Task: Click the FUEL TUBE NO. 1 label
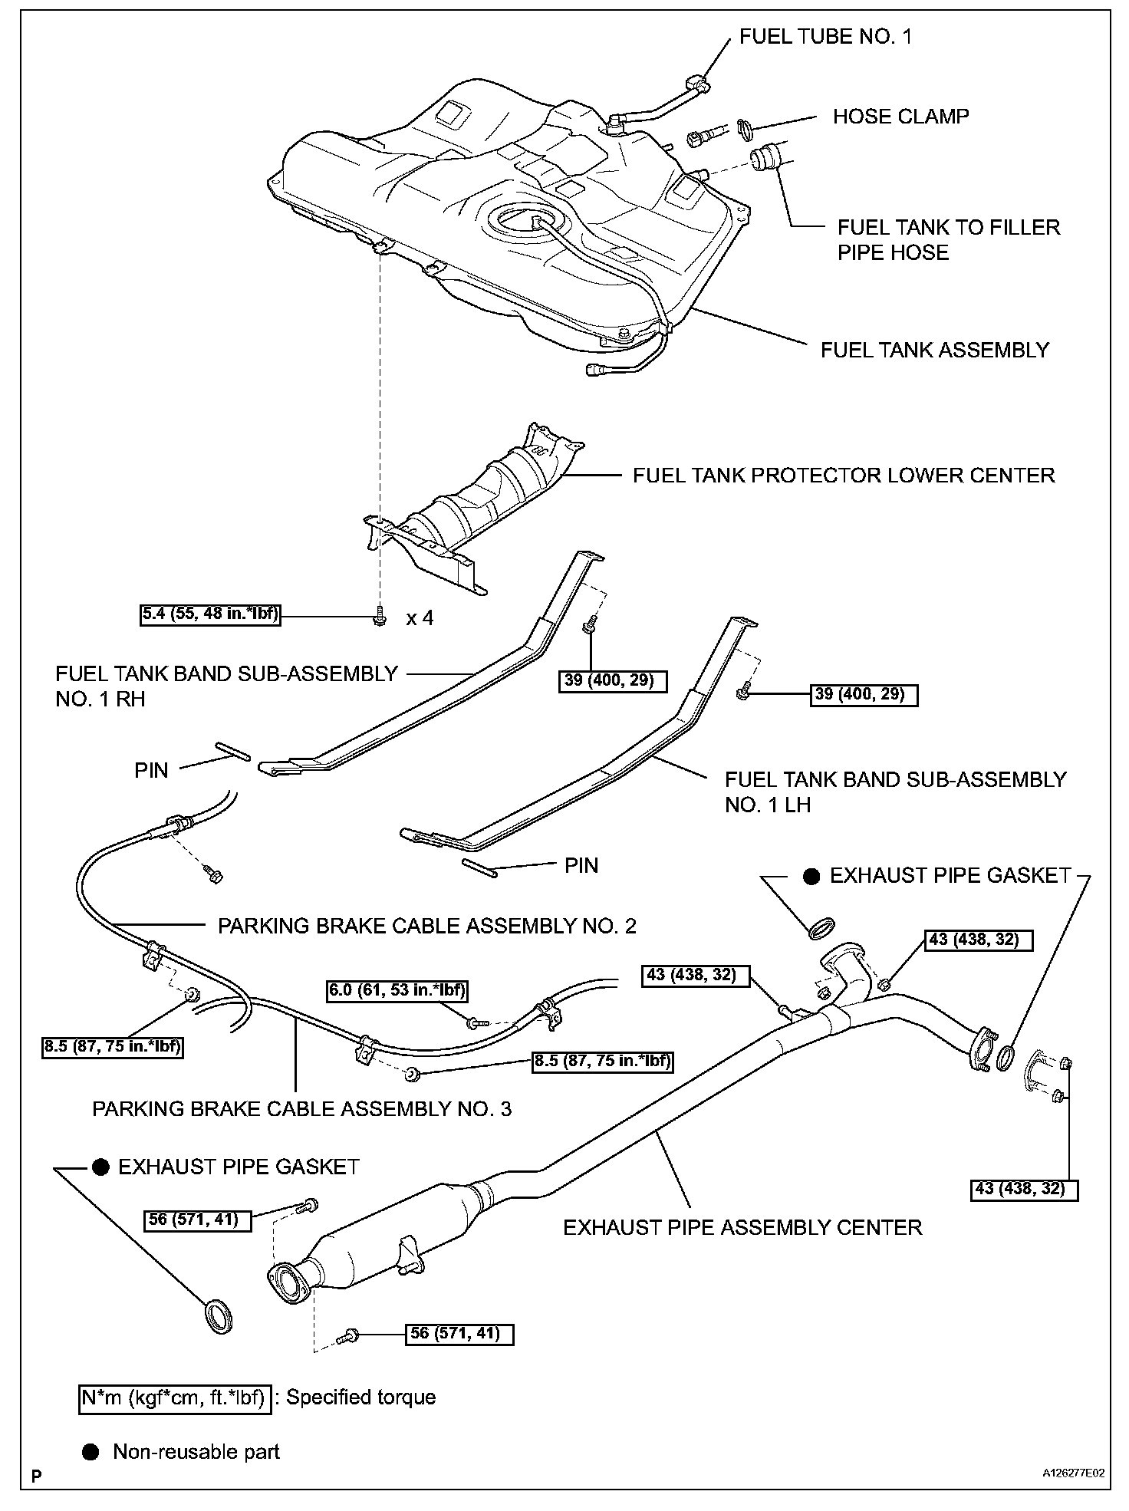click(x=825, y=37)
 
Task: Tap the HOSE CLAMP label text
click(x=900, y=117)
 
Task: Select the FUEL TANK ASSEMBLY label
click(x=934, y=350)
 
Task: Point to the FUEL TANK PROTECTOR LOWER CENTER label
click(x=843, y=476)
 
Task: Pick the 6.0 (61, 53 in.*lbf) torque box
click(x=397, y=990)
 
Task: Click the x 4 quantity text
click(x=420, y=618)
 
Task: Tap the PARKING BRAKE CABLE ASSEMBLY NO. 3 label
click(x=301, y=1109)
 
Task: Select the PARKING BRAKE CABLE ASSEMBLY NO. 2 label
click(x=426, y=926)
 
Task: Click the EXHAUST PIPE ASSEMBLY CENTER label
click(x=742, y=1227)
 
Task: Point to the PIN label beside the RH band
click(x=151, y=770)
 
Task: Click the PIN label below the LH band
click(x=581, y=866)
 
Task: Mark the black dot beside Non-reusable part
click(x=91, y=1452)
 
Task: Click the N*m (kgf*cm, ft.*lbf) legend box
click(x=174, y=1397)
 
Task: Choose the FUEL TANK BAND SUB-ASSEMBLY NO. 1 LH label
click(x=895, y=792)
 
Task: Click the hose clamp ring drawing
click(x=743, y=129)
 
